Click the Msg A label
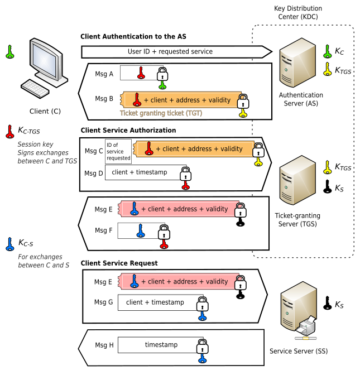(x=104, y=73)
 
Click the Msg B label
(x=104, y=99)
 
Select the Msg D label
(x=94, y=173)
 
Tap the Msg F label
(x=104, y=230)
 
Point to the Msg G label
(x=104, y=302)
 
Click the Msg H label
(x=104, y=345)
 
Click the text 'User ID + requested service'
(x=170, y=52)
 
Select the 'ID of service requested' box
(x=118, y=151)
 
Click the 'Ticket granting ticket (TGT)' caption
(x=161, y=113)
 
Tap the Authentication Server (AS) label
(x=301, y=99)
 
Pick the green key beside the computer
(x=9, y=52)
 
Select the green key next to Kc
(x=328, y=51)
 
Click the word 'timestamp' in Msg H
(x=161, y=345)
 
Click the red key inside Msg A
(x=141, y=73)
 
